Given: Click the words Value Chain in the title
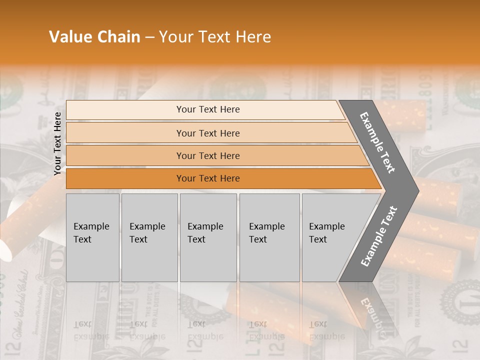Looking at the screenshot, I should pyautogui.click(x=94, y=37).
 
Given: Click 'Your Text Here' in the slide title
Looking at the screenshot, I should pyautogui.click(x=215, y=37).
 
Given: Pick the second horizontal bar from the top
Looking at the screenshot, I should pyautogui.click(x=207, y=133).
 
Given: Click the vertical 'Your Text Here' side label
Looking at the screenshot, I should pyautogui.click(x=57, y=143).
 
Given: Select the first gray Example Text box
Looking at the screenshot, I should pyautogui.click(x=92, y=237).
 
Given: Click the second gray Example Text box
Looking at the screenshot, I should pyautogui.click(x=149, y=237).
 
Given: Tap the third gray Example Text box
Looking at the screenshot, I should pyautogui.click(x=208, y=237).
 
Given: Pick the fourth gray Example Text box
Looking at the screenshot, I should pyautogui.click(x=269, y=237).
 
